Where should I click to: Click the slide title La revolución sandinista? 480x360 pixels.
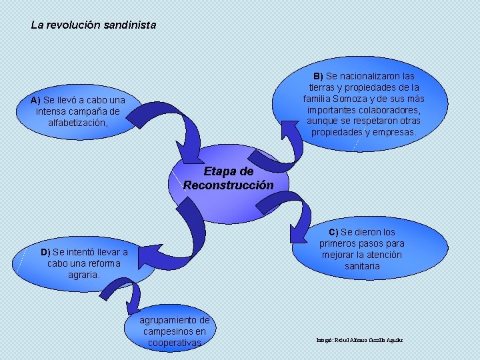[x=93, y=25]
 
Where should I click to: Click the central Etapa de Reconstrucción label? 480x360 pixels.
[x=228, y=178]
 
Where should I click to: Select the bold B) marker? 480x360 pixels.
[x=318, y=76]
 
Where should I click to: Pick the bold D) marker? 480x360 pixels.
[x=45, y=252]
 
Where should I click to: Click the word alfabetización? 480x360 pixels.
[x=77, y=123]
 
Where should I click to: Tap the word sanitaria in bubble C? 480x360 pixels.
[x=362, y=266]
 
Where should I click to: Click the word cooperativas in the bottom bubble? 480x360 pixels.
[x=174, y=343]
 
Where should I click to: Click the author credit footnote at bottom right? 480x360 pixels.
[x=359, y=340]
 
